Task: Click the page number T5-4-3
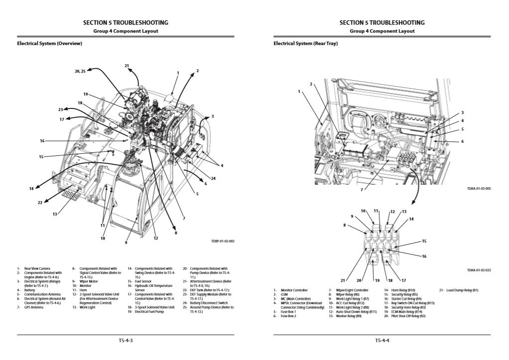(x=125, y=341)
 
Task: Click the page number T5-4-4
(x=382, y=341)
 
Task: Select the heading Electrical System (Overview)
(x=49, y=43)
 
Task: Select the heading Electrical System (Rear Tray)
(x=305, y=43)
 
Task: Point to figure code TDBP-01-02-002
(x=223, y=241)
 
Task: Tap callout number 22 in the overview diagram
(x=40, y=202)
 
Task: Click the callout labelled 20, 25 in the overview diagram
(x=80, y=71)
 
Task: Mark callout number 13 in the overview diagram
(x=55, y=214)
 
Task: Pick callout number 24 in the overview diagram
(x=213, y=178)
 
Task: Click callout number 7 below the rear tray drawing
(x=362, y=190)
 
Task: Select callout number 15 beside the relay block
(x=424, y=241)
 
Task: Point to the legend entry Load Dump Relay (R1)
(x=459, y=290)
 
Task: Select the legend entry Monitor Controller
(x=294, y=290)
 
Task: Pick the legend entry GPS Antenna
(x=32, y=308)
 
